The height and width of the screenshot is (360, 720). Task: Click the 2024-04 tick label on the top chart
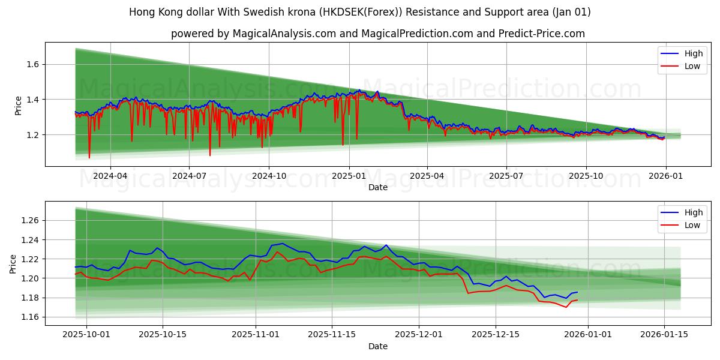[x=110, y=176]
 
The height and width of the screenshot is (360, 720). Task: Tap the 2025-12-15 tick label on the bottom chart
[x=495, y=335]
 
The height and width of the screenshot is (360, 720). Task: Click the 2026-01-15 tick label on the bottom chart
[x=664, y=335]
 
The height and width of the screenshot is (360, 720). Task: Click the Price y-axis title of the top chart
[x=18, y=105]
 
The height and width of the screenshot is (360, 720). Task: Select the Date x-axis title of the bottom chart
[x=378, y=346]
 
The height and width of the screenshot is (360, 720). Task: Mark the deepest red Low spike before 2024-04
[x=89, y=158]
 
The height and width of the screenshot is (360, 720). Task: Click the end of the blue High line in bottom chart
[x=577, y=292]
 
